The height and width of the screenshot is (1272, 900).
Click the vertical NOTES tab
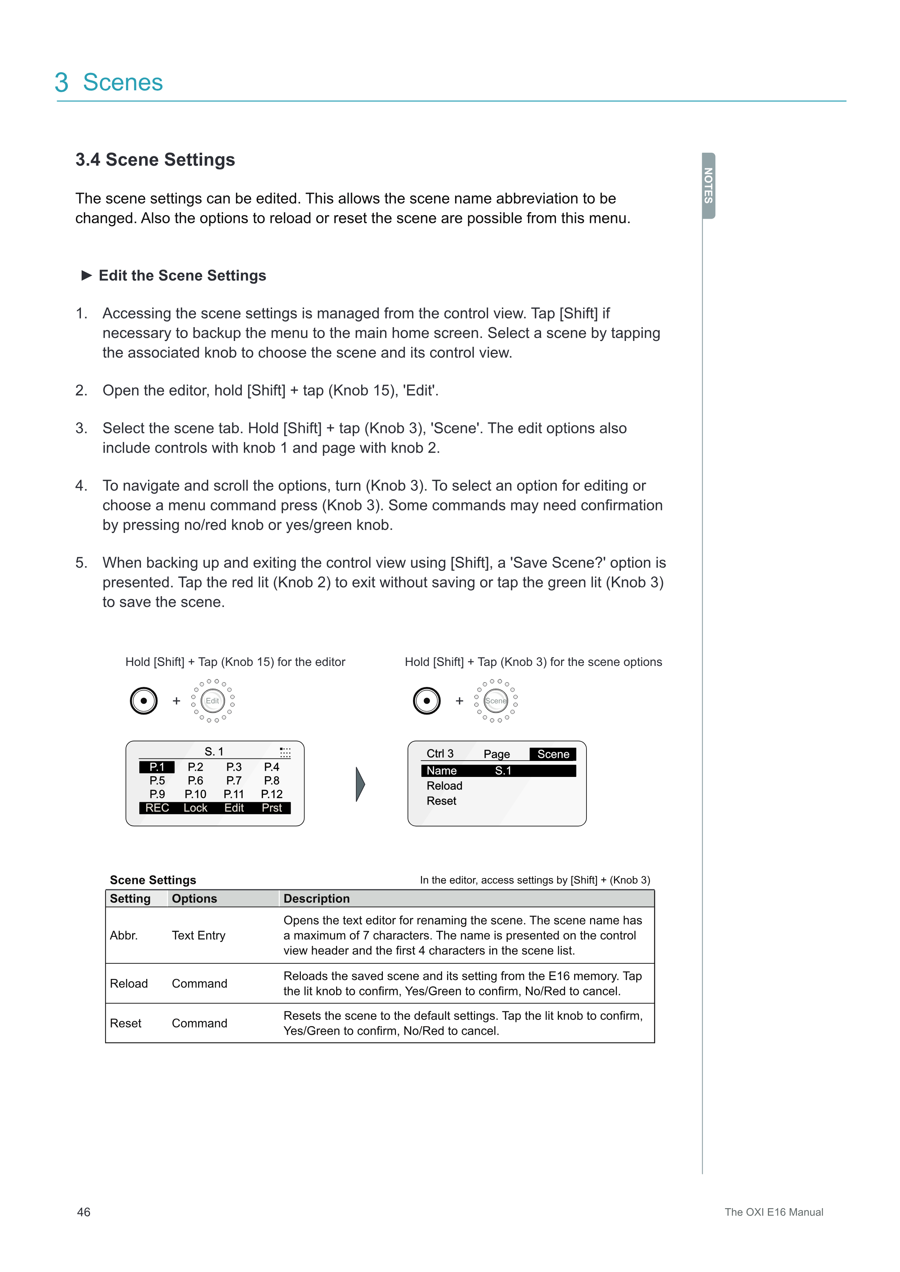(708, 186)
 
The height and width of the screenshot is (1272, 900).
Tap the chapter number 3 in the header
(62, 83)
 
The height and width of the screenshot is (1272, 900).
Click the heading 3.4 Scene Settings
(155, 160)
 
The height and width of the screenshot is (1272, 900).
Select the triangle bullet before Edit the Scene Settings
(86, 275)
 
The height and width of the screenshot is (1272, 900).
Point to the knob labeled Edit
(212, 701)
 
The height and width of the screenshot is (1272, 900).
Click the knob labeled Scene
(495, 701)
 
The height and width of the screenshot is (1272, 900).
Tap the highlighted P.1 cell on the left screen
(157, 767)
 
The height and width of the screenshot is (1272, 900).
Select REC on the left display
(157, 808)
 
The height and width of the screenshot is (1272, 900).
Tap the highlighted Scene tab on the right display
(553, 754)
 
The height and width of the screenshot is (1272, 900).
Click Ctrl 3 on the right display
(440, 753)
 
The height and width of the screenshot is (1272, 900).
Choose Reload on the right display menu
(445, 786)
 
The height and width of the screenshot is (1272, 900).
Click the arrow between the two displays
(360, 784)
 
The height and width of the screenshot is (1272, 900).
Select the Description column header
(316, 899)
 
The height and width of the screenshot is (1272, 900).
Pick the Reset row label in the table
(126, 1023)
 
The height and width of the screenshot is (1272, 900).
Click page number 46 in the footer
(84, 1212)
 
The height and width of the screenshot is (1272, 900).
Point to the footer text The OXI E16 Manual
(774, 1212)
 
